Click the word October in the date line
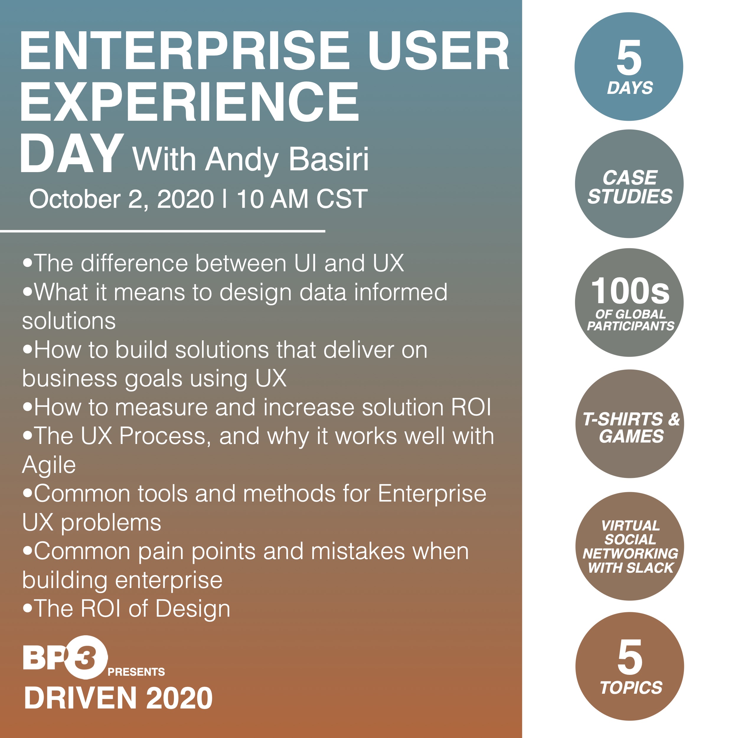pos(75,199)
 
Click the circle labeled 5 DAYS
pos(629,67)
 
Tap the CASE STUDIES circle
pos(629,184)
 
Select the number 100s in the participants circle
pos(630,291)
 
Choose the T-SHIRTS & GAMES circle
pos(630,424)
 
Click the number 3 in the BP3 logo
pos(86,657)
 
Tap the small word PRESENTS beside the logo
pos(136,672)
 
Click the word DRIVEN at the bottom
pos(81,698)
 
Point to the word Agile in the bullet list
pos(49,465)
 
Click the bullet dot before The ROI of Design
pos(27,608)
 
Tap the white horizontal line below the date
pos(162,231)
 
